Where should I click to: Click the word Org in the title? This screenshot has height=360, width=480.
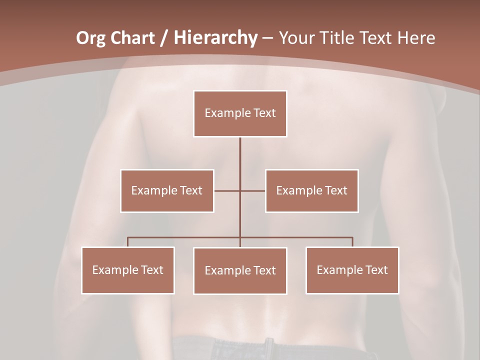pos(90,38)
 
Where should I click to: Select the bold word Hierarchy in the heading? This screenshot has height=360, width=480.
pos(215,38)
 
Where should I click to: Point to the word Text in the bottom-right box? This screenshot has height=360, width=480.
pos(375,270)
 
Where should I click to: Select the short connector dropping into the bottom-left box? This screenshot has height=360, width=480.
pos(127,242)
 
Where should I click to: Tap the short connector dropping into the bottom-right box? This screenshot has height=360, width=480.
pos(352,242)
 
